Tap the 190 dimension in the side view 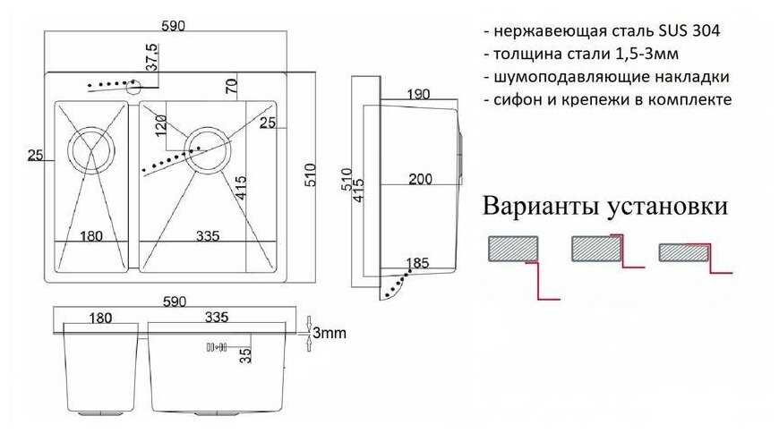point(416,93)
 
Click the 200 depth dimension point(420,179)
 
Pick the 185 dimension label point(417,263)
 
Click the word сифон point(518,99)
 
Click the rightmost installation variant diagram point(694,255)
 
